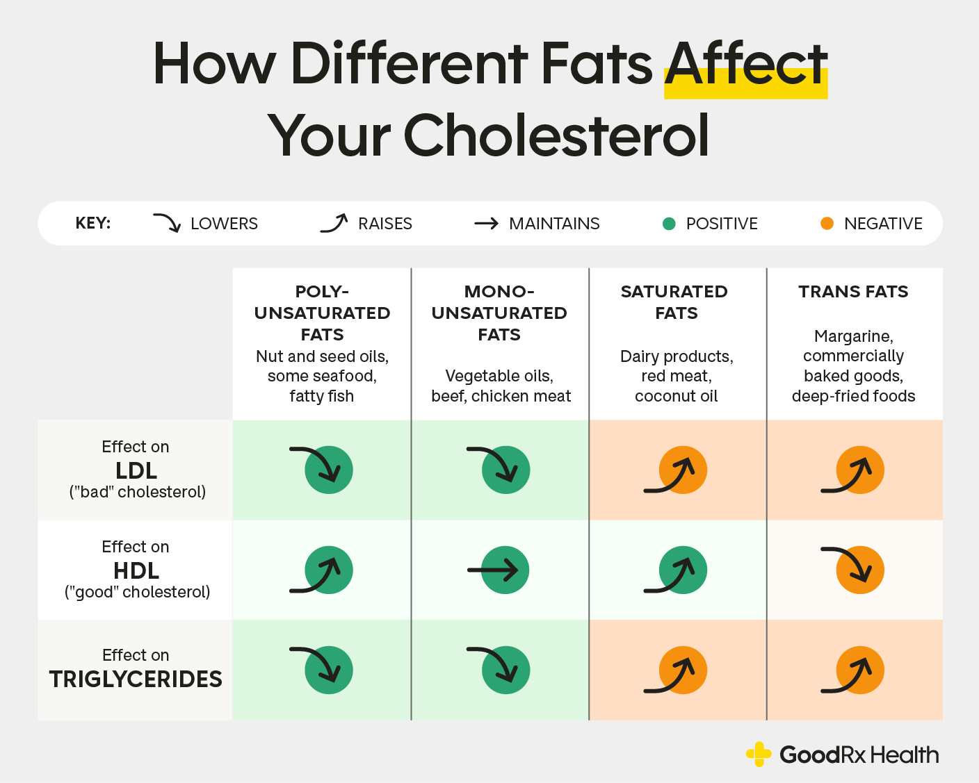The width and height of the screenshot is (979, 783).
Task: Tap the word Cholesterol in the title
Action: tap(556, 135)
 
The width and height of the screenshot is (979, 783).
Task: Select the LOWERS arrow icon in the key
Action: tap(166, 223)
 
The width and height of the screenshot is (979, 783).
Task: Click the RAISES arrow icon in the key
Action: tap(334, 223)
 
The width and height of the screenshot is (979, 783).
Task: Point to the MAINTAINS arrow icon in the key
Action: tap(486, 223)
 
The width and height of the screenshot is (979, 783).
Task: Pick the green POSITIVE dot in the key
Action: tap(669, 224)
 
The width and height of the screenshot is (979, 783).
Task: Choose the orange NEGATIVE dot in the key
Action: tap(827, 224)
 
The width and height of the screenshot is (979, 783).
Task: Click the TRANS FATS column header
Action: tap(853, 292)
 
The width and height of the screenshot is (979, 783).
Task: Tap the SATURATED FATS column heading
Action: tap(674, 302)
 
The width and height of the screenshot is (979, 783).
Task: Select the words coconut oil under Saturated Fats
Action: tap(676, 396)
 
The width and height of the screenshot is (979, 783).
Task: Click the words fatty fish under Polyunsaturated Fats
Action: tap(321, 396)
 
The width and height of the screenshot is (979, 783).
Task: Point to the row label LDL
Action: tap(136, 471)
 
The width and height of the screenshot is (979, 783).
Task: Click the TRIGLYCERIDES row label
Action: tap(136, 679)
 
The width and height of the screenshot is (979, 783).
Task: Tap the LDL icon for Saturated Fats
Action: tap(678, 470)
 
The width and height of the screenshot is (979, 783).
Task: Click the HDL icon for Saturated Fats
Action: tap(678, 570)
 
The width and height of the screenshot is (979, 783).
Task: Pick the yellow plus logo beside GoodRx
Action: tap(759, 755)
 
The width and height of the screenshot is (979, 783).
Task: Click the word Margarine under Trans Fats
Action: tap(853, 336)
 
